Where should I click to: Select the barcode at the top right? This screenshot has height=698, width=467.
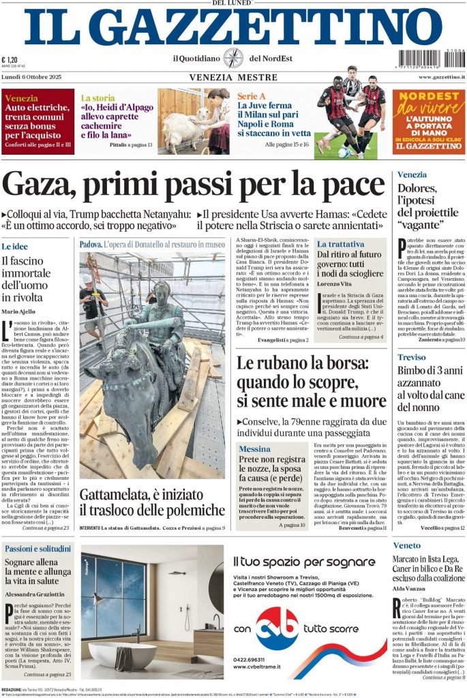pyautogui.click(x=431, y=59)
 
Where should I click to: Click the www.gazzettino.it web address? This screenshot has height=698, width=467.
pyautogui.click(x=441, y=78)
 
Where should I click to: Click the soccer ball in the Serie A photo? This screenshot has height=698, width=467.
pyautogui.click(x=344, y=152)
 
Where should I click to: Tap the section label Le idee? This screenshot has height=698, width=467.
pyautogui.click(x=15, y=246)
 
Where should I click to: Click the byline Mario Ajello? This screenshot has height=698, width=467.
pyautogui.click(x=19, y=312)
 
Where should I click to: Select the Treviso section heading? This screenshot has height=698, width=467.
pyautogui.click(x=411, y=357)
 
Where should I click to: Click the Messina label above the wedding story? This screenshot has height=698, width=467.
pyautogui.click(x=254, y=449)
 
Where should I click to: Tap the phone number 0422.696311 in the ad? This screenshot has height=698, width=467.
pyautogui.click(x=253, y=661)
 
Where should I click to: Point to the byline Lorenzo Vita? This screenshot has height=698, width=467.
pyautogui.click(x=337, y=283)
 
